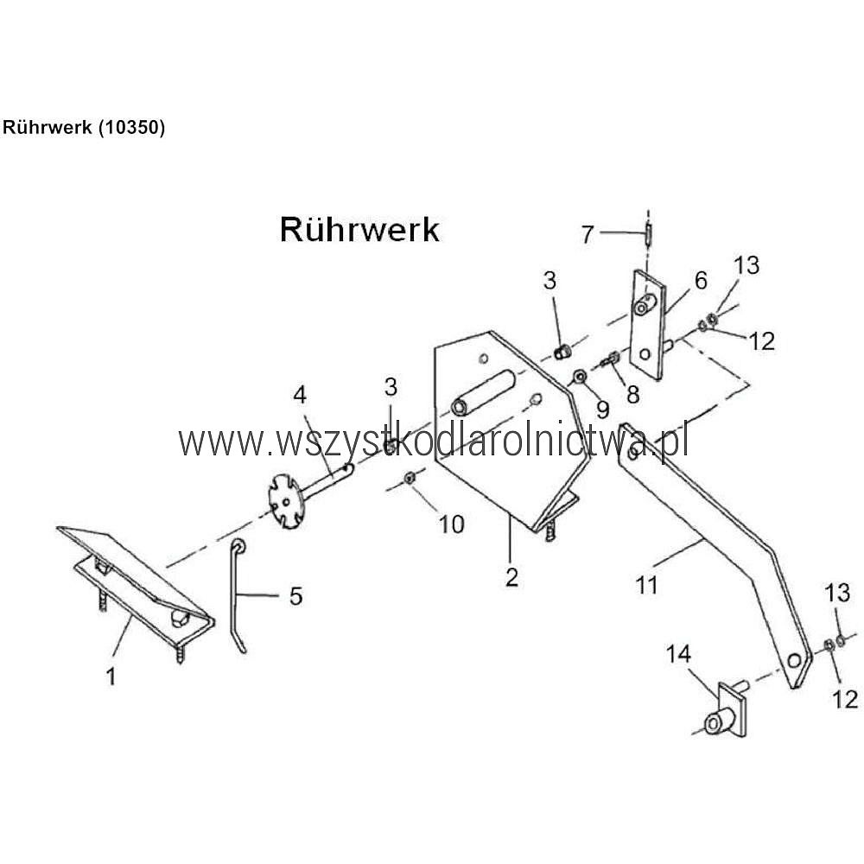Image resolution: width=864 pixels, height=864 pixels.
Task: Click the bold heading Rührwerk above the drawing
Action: pos(359,230)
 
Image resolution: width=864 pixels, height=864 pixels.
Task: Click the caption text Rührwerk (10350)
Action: pos(84,127)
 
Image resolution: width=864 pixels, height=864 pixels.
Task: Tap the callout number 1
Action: pos(111,677)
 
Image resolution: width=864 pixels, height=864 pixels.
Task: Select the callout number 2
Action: pos(511,577)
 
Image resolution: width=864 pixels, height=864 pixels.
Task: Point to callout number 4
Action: pos(300,395)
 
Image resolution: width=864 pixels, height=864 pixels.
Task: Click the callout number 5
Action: pos(295,596)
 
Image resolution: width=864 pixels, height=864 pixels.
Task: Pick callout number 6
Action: pos(700,281)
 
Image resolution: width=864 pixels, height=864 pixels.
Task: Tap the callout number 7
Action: pos(588,233)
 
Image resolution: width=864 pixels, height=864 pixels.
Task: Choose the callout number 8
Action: pos(632,394)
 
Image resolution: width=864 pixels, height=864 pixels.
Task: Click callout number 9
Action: pos(601,407)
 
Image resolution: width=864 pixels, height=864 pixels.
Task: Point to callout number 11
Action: pos(646,585)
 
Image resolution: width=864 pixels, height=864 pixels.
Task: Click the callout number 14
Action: pos(678,655)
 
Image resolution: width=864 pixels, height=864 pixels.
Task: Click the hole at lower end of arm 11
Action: pos(792,662)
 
